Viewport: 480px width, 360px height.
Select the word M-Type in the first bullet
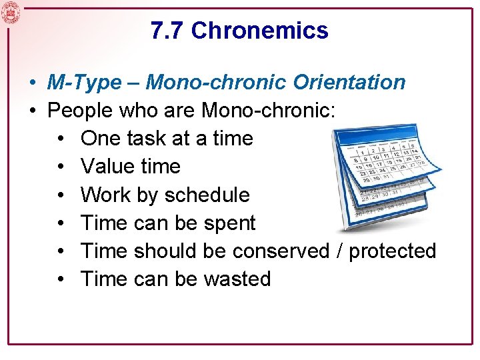tap(85, 82)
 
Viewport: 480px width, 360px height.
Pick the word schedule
tap(207, 195)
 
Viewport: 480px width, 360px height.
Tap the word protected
tap(393, 251)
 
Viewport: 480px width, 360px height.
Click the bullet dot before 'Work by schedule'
tap(60, 195)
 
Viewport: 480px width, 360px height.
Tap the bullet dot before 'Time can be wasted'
tap(60, 279)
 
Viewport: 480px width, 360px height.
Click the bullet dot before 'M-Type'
tap(32, 83)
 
